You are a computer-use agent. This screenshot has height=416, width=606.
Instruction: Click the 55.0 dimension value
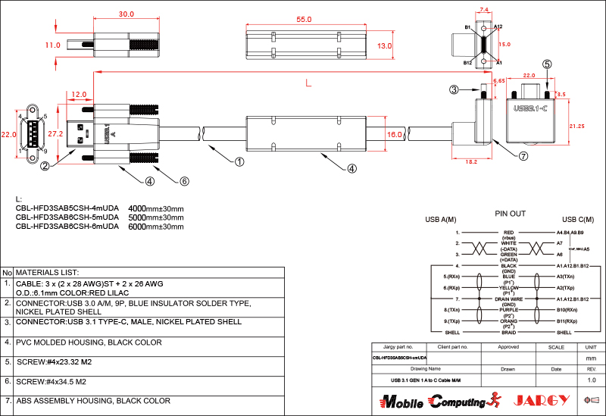click(x=304, y=19)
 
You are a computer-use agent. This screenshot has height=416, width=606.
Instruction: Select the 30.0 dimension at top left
click(x=127, y=14)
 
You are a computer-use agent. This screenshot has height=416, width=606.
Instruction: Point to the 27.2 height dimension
click(x=55, y=133)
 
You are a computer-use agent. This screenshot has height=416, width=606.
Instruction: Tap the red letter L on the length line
click(x=307, y=83)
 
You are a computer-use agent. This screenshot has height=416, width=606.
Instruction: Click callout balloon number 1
click(x=239, y=161)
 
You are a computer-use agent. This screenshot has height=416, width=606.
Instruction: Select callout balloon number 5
click(x=547, y=64)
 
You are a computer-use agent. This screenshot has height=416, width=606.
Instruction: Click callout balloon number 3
click(x=454, y=89)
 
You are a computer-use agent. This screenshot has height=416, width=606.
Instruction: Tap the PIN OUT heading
click(x=510, y=214)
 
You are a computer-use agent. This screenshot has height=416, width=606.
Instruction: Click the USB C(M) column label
click(x=574, y=220)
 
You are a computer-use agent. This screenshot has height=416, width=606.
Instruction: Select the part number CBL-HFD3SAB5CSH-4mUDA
click(x=67, y=208)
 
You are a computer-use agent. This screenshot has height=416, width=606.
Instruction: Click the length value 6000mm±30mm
click(x=156, y=227)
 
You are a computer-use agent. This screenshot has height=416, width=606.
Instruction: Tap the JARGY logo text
click(x=540, y=399)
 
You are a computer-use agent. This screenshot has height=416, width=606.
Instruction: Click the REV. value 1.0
click(x=592, y=380)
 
